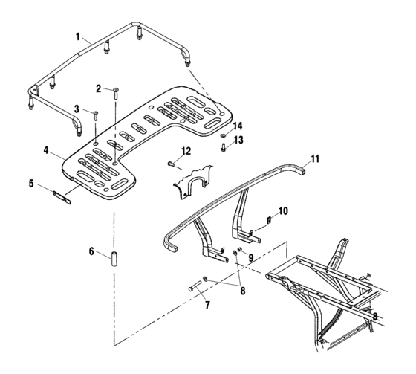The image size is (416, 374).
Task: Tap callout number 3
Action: (76, 109)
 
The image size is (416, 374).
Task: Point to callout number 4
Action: (48, 149)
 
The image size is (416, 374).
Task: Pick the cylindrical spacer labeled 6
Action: (115, 262)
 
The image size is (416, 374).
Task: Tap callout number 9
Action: (250, 258)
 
